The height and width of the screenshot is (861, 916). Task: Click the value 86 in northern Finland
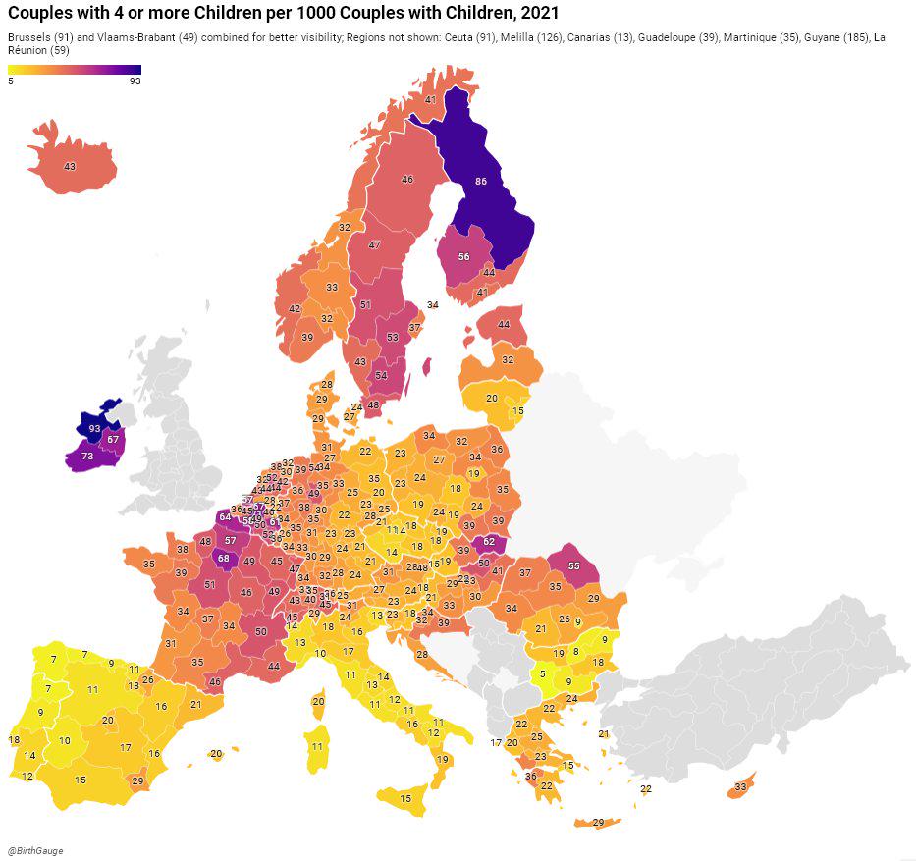click(x=480, y=182)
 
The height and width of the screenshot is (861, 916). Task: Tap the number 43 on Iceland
click(x=69, y=167)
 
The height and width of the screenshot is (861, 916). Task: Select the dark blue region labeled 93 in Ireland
click(x=94, y=429)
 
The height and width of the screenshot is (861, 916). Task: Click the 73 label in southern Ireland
click(x=87, y=457)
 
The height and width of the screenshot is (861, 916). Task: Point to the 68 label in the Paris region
click(x=224, y=559)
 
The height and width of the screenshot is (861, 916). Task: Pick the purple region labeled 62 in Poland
click(x=489, y=542)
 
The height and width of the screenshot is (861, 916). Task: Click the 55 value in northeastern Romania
click(x=574, y=566)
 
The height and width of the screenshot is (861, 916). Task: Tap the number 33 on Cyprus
click(x=740, y=787)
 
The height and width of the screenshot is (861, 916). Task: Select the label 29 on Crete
click(x=599, y=823)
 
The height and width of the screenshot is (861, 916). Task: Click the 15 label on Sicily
click(x=406, y=799)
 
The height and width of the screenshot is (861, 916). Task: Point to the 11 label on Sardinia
click(x=317, y=747)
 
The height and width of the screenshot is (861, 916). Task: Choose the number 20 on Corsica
click(x=318, y=702)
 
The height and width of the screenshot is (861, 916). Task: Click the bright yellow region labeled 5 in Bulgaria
click(x=543, y=674)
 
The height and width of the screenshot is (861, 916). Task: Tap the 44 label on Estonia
click(x=504, y=324)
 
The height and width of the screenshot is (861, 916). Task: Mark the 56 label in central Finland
click(x=464, y=257)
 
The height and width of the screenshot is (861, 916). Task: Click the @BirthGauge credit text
click(x=35, y=851)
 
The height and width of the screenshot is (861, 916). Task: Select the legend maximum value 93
click(x=135, y=81)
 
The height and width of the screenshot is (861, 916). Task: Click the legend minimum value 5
click(x=11, y=81)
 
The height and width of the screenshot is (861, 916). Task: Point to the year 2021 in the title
click(x=539, y=13)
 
